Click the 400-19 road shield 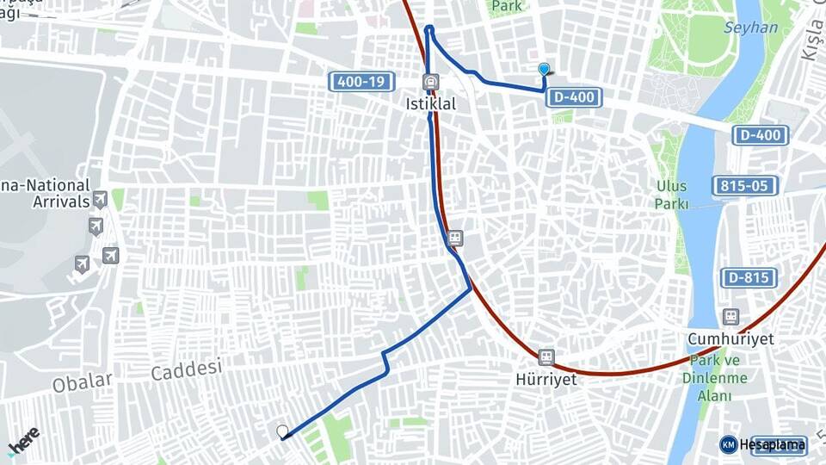[361, 82]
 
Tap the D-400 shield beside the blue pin [573, 97]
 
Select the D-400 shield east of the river [761, 135]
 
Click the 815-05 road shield [745, 185]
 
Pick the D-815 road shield [749, 277]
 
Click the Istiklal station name [430, 103]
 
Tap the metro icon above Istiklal [429, 83]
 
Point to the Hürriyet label [546, 378]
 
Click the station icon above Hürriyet [546, 356]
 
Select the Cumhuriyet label [730, 338]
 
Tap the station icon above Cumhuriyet [730, 317]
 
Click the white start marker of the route [281, 431]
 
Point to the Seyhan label [750, 28]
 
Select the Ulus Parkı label [671, 195]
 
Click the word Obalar [83, 381]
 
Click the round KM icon [728, 444]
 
